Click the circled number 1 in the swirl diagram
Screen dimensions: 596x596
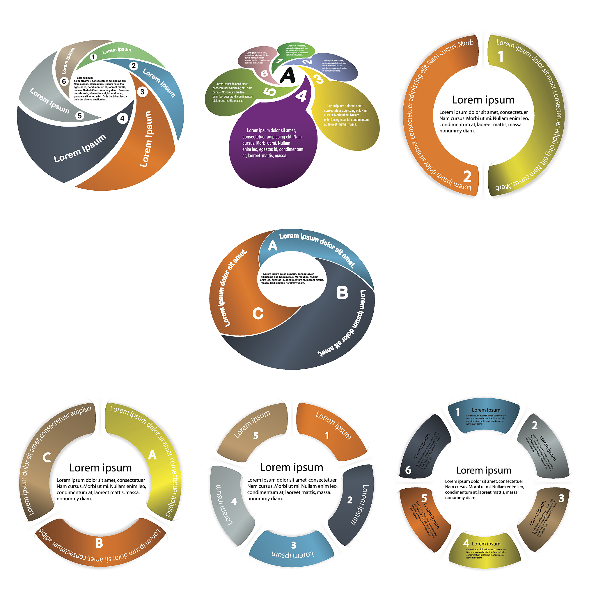click(x=93, y=57)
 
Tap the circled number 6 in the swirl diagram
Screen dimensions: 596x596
click(x=64, y=81)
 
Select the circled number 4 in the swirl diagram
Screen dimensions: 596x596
click(x=123, y=118)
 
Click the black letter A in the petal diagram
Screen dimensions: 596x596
click(x=288, y=75)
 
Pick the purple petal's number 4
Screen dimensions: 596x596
click(x=301, y=96)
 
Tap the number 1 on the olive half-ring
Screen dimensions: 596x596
click(x=501, y=56)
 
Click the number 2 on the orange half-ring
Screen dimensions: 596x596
click(x=467, y=176)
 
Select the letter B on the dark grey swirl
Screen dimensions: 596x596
click(x=343, y=293)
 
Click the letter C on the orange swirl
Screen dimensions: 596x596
click(x=258, y=314)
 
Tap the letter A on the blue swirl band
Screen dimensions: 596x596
click(x=273, y=246)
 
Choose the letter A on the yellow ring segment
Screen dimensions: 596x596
click(x=152, y=455)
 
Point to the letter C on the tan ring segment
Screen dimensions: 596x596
click(x=47, y=457)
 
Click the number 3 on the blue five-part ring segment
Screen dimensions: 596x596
click(x=294, y=545)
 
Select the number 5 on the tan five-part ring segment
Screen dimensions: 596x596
click(x=256, y=436)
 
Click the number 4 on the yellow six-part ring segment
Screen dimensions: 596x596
click(x=466, y=543)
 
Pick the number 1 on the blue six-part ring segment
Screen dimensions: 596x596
click(x=458, y=412)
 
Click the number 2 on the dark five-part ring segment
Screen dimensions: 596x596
click(x=350, y=500)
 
